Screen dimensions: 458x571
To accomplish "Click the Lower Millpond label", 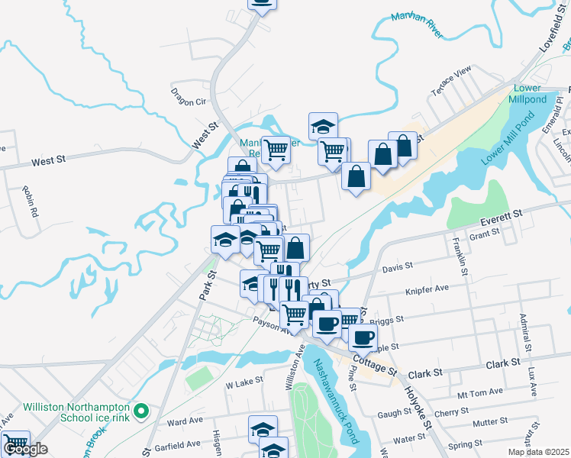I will tap(527, 94).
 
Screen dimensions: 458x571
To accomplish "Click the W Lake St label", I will tap(244, 380).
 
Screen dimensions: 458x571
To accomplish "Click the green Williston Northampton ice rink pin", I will tap(140, 412).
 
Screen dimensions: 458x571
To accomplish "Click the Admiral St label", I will tap(525, 328).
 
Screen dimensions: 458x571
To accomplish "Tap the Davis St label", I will tap(397, 267).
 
